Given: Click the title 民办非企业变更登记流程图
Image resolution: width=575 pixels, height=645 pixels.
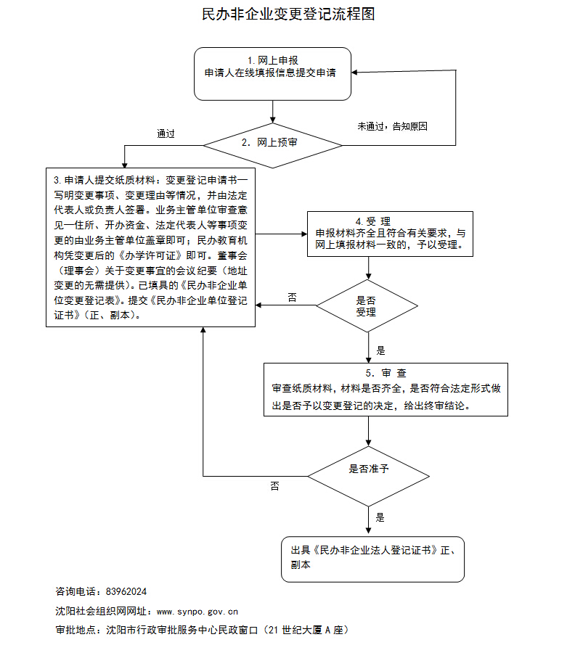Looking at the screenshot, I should [287, 14].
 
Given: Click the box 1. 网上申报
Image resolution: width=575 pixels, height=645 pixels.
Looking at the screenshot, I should [272, 73].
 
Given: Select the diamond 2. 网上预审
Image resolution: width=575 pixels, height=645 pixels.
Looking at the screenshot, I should [272, 143].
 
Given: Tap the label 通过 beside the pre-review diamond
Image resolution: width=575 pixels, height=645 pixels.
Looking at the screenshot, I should [166, 133].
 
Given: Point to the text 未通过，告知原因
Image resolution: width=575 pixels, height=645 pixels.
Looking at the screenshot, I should [392, 126].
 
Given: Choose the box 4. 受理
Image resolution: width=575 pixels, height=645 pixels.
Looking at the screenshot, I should [391, 234].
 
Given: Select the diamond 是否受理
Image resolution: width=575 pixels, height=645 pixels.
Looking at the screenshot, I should [370, 305].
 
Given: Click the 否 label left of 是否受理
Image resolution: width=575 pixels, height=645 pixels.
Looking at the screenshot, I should [293, 297].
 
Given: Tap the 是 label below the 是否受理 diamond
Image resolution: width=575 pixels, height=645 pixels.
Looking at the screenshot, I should [380, 351].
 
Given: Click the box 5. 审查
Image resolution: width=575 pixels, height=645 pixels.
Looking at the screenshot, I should [386, 390].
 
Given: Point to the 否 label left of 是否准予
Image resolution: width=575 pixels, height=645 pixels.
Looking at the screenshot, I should [275, 485].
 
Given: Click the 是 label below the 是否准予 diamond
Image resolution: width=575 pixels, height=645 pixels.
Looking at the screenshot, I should [380, 517].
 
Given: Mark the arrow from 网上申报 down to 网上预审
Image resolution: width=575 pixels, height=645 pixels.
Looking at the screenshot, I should [272, 110].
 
